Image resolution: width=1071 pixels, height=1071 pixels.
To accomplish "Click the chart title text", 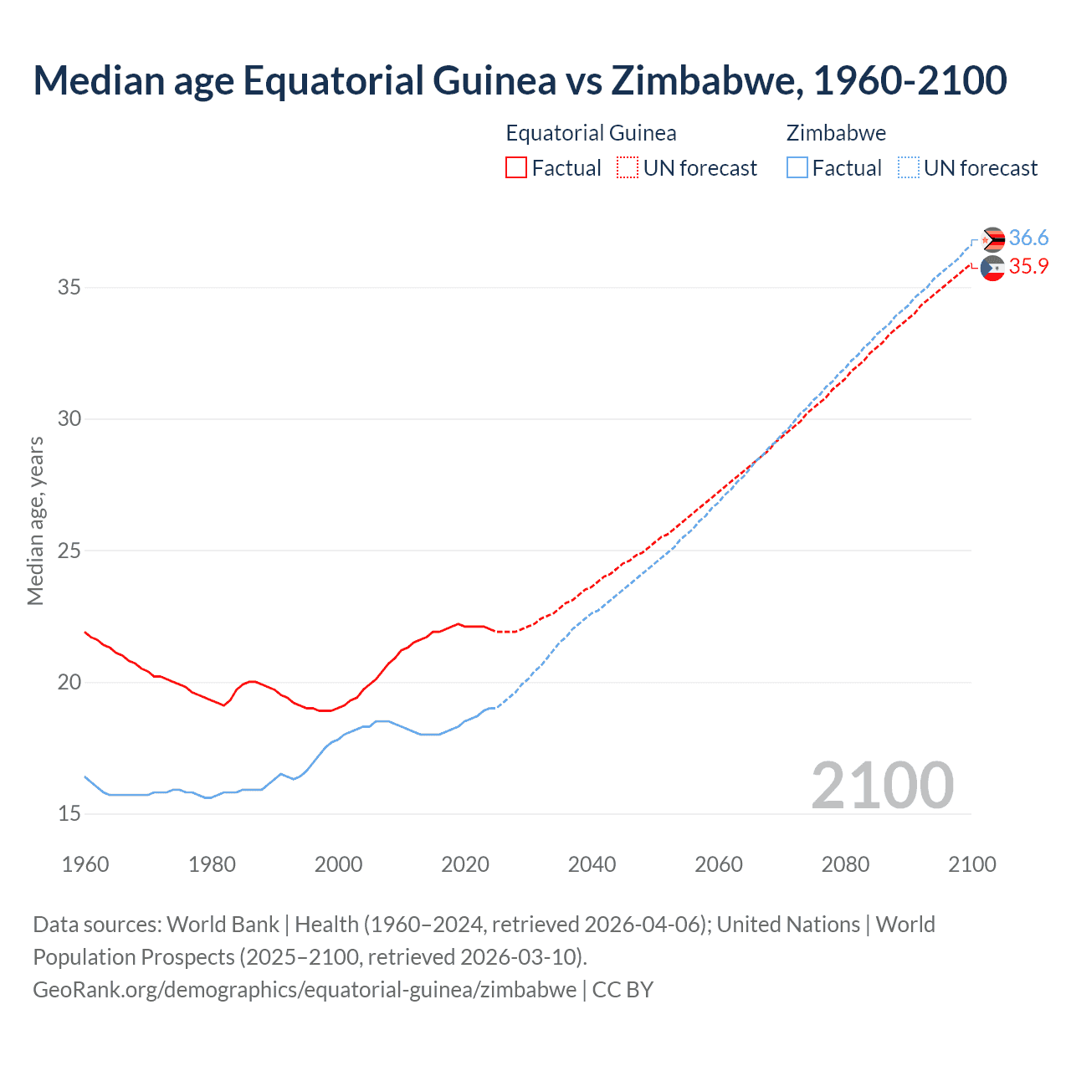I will click(x=520, y=80).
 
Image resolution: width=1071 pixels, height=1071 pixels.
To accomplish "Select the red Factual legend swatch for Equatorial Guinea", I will click(x=516, y=167).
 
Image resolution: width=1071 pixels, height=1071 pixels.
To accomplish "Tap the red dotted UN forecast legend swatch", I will click(x=627, y=167).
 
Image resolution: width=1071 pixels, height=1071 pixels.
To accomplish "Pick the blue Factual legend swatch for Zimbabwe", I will click(x=797, y=167).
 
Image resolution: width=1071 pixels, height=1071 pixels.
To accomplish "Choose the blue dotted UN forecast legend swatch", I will click(x=908, y=167).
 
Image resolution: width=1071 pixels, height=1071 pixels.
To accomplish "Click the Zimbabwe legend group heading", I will click(x=836, y=133).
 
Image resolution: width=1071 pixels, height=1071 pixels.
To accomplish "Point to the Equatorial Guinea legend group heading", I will click(x=591, y=133).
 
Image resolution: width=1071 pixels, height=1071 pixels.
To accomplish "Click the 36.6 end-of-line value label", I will click(x=1028, y=238).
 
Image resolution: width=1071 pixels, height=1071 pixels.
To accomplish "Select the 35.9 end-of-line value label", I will click(x=1028, y=266).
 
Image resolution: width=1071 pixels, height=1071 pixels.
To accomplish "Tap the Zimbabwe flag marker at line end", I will click(x=993, y=239).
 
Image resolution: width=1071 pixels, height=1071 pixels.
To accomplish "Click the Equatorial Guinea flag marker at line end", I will click(x=992, y=269).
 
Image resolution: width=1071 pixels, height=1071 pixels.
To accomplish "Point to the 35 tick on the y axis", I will click(x=69, y=287).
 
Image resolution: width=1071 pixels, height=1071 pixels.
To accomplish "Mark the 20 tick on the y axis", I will click(x=69, y=682).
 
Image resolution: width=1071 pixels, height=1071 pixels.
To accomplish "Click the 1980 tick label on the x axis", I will click(x=212, y=864).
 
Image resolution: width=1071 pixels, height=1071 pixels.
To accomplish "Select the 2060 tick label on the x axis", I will click(x=719, y=864).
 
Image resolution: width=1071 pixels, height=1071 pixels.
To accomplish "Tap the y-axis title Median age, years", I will click(x=35, y=520).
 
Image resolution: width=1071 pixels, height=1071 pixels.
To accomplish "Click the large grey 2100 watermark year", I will click(x=883, y=785).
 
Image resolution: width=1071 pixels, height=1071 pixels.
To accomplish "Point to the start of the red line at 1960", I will click(x=85, y=633).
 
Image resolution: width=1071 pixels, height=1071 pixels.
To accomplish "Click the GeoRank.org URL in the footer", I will click(x=305, y=989).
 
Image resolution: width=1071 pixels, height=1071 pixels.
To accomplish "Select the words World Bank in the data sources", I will click(x=223, y=924).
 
